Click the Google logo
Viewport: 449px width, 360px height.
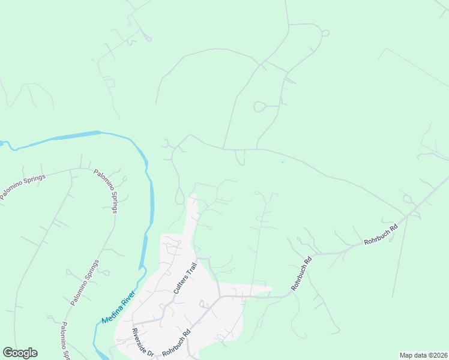click(x=20, y=353)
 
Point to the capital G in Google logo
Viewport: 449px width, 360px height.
click(x=8, y=353)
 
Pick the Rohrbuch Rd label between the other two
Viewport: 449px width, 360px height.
click(x=303, y=274)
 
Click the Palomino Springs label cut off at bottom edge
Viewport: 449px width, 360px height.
click(x=64, y=340)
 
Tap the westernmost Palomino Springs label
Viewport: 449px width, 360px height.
click(x=23, y=184)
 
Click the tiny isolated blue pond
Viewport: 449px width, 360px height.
click(x=282, y=162)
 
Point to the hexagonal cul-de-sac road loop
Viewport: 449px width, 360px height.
click(x=260, y=107)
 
